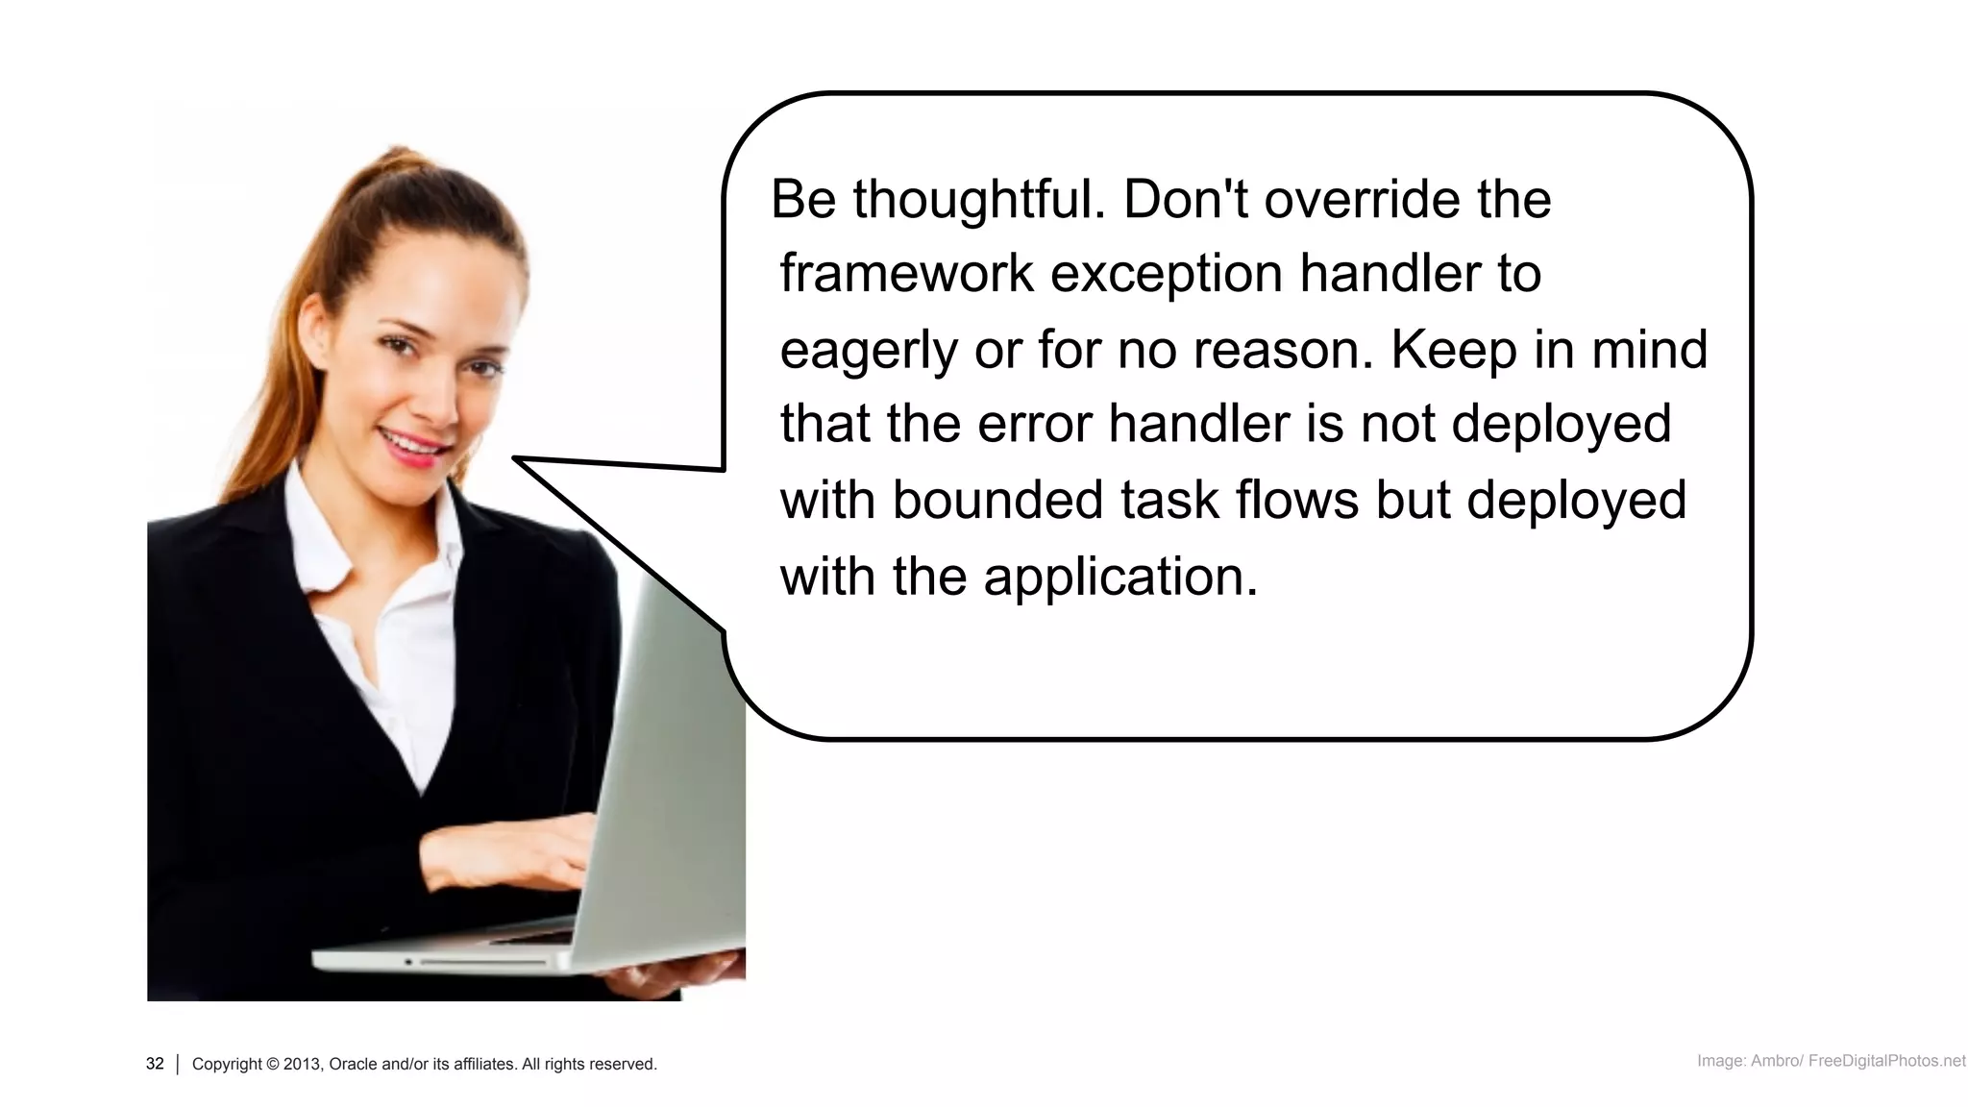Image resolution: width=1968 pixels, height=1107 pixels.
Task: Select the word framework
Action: coord(905,274)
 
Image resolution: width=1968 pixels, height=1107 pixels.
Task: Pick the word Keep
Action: coord(1453,350)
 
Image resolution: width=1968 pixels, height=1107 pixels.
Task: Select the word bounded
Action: coord(996,500)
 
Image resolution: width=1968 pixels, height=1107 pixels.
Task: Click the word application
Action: coord(1120,578)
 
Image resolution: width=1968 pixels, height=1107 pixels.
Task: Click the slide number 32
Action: coord(155,1064)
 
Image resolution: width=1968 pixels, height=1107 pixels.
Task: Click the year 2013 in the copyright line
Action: coord(302,1065)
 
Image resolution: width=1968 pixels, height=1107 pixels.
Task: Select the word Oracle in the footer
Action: coord(354,1065)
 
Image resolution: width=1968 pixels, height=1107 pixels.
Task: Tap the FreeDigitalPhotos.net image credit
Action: coord(1885,1061)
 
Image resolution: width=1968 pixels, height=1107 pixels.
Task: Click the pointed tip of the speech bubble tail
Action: coord(517,459)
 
